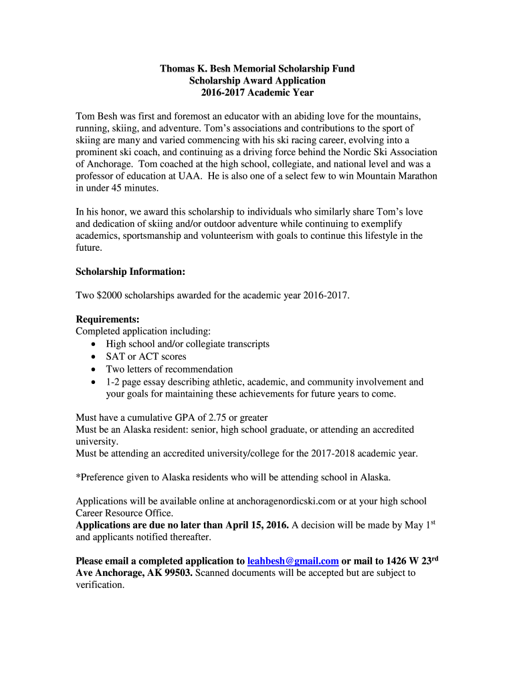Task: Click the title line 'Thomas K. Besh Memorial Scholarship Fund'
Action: click(257, 69)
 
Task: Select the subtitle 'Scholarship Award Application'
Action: click(257, 81)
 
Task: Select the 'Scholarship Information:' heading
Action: click(130, 272)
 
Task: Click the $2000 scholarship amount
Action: click(109, 295)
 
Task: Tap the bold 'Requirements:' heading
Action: click(108, 319)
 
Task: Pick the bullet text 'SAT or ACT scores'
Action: click(146, 356)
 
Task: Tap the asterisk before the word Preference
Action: click(78, 478)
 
